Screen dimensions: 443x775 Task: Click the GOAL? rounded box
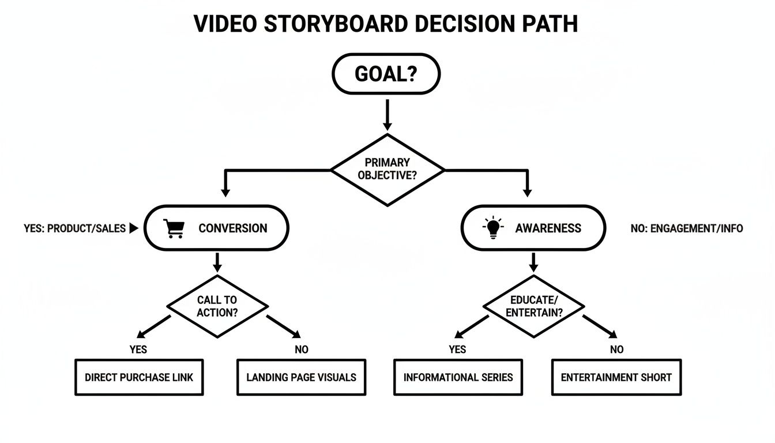(386, 74)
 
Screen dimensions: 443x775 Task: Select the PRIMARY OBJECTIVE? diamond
(387, 170)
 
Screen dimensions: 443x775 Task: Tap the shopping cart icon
(174, 228)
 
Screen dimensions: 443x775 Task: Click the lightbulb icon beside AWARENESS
(492, 228)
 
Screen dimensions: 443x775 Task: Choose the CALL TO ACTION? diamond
(217, 306)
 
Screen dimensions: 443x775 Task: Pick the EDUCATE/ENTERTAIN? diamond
(533, 306)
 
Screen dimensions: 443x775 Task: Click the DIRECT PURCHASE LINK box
(139, 378)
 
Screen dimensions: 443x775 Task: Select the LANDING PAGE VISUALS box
(301, 378)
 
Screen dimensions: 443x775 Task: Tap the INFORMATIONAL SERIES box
(458, 378)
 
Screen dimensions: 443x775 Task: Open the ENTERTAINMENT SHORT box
(616, 378)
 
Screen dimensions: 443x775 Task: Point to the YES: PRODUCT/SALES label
(75, 228)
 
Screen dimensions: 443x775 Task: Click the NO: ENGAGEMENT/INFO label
(687, 228)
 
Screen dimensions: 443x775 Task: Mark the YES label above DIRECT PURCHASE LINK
(138, 349)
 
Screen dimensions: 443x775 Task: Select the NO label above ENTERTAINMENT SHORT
(617, 349)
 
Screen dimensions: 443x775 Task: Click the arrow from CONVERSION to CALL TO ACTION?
(217, 262)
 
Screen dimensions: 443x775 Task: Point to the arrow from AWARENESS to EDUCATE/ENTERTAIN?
(533, 262)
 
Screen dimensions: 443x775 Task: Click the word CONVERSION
(232, 228)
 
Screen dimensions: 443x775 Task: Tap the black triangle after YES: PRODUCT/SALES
(134, 228)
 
